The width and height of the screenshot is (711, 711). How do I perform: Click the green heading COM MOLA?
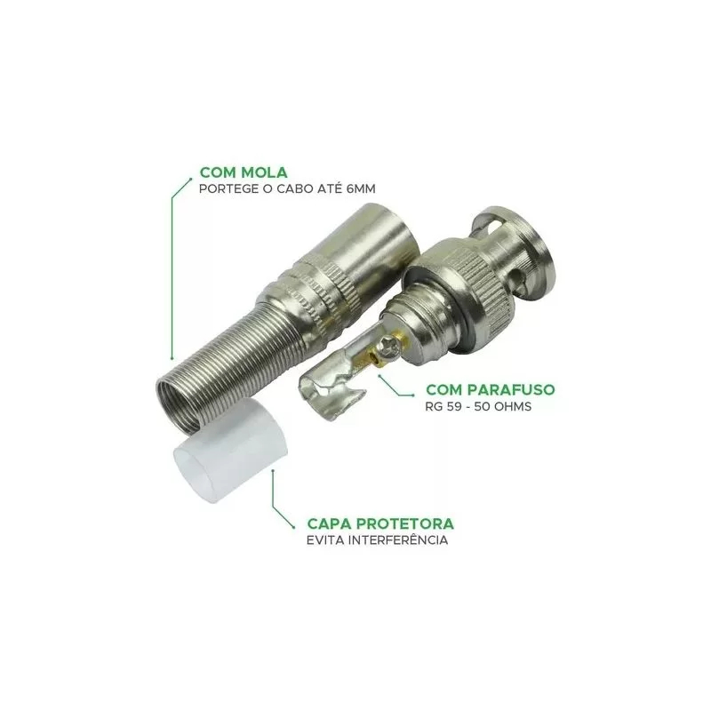(x=244, y=172)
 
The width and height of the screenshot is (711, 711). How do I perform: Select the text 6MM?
(x=361, y=188)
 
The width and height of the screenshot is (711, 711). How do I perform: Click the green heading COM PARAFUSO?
(x=491, y=389)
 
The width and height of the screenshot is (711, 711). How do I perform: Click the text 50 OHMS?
(x=502, y=406)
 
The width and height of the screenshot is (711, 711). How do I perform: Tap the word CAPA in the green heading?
(x=329, y=523)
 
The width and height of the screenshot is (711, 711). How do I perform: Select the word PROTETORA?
(x=405, y=523)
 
